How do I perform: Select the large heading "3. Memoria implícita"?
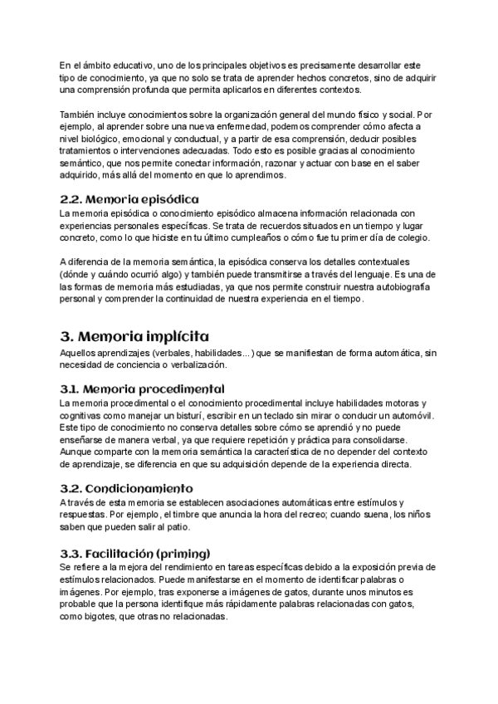(x=135, y=336)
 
